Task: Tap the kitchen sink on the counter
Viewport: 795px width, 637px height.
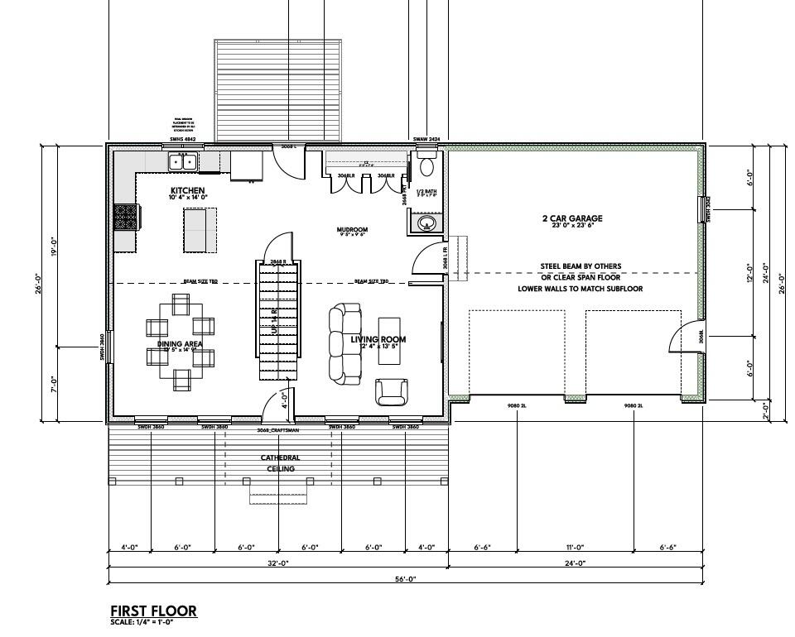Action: [x=182, y=161]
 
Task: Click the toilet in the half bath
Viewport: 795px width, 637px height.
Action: [x=426, y=166]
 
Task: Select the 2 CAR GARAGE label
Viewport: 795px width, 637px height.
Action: [x=572, y=218]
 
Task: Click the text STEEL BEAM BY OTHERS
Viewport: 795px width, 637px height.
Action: [x=581, y=266]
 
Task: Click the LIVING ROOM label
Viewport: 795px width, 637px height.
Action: [x=378, y=339]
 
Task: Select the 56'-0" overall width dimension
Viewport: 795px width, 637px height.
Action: [x=405, y=579]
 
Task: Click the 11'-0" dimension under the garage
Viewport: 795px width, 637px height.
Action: [x=576, y=547]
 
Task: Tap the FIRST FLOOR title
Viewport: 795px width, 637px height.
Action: [x=153, y=611]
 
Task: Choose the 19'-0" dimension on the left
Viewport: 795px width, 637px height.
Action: [x=53, y=246]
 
